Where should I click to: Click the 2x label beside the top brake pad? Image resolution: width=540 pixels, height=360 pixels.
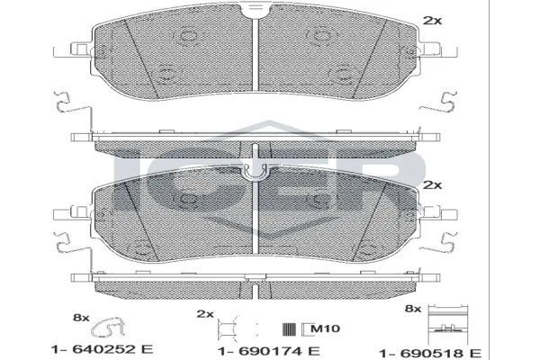pos(431,19)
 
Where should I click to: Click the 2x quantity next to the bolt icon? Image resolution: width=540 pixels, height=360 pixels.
pos(204,315)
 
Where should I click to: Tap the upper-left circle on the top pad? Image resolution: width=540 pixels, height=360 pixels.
pos(189,38)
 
